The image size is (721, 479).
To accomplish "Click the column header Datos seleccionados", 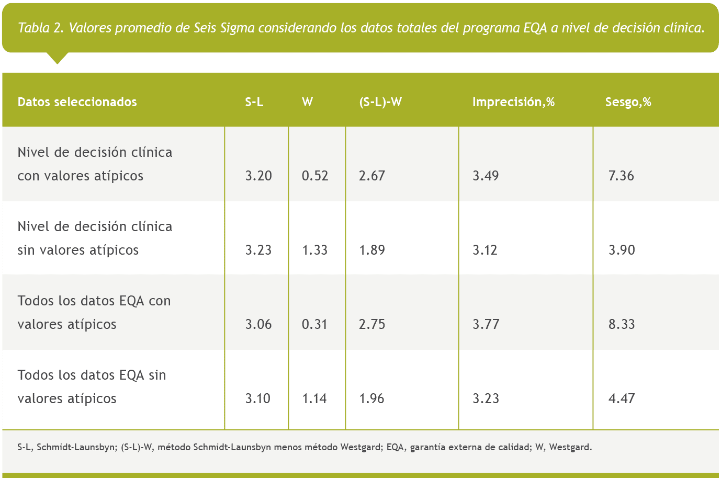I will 77,102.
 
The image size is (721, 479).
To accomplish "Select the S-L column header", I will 254,102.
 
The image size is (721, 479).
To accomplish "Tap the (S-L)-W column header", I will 380,102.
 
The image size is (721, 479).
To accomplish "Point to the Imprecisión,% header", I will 513,102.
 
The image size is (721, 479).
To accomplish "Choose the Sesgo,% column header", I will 628,102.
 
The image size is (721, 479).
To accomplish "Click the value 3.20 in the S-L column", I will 258,176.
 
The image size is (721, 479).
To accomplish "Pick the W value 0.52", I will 315,176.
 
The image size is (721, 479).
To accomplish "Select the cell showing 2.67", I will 372,176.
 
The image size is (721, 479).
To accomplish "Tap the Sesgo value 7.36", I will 621,176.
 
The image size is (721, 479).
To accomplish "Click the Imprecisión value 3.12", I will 485,250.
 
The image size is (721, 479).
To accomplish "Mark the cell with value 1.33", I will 315,250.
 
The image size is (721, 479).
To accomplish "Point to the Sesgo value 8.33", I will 622,324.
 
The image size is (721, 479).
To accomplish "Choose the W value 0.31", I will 315,324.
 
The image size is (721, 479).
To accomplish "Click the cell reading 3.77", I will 486,324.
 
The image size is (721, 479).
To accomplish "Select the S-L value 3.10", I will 258,398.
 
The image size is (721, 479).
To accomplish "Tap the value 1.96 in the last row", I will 371,398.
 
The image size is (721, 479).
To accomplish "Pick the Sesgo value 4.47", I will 622,398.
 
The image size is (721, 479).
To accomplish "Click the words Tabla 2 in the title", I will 41,28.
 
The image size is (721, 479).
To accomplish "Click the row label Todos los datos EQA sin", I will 92,375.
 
